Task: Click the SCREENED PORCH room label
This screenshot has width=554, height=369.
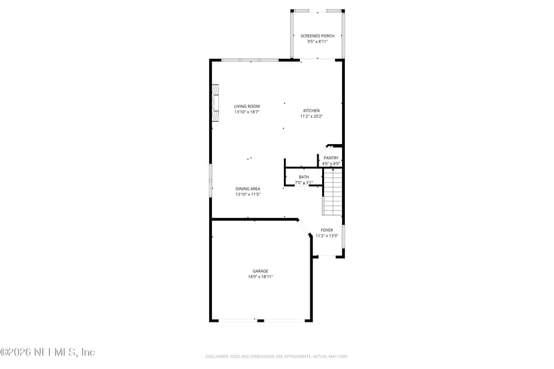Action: [x=316, y=35]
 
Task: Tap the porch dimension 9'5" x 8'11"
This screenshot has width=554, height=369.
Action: [x=316, y=42]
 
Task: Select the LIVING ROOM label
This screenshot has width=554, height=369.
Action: [x=247, y=106]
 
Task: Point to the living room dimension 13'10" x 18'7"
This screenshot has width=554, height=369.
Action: [x=247, y=111]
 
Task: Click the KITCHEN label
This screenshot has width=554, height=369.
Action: [x=311, y=111]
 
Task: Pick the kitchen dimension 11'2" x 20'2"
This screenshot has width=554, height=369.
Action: [x=311, y=116]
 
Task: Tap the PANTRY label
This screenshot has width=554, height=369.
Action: [x=331, y=158]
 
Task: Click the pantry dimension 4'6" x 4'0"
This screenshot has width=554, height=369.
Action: [x=331, y=163]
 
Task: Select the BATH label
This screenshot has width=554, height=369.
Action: [x=304, y=177]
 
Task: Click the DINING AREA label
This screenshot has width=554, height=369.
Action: [x=247, y=189]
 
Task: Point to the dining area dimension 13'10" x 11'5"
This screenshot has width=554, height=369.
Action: [x=247, y=195]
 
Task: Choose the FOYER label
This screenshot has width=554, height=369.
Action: [x=327, y=230]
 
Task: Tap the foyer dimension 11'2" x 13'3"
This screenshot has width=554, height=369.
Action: [x=327, y=235]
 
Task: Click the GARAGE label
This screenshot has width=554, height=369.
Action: [x=260, y=271]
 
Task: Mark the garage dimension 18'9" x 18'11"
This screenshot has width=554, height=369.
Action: [x=260, y=276]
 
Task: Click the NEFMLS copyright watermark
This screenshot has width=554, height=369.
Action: [x=48, y=352]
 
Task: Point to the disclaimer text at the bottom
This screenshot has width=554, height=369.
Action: [x=276, y=356]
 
